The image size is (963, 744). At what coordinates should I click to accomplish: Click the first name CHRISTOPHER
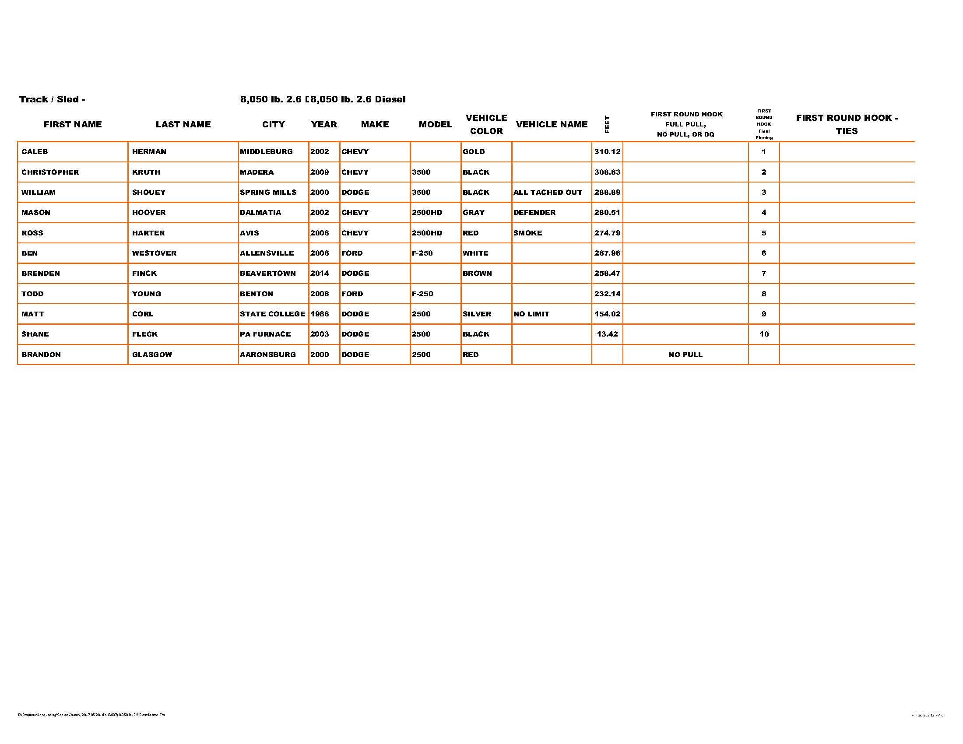point(50,172)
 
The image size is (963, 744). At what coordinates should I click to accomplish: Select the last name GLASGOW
point(152,354)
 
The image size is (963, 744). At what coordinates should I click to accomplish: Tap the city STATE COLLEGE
point(272,314)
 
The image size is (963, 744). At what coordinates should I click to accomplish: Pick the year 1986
point(319,314)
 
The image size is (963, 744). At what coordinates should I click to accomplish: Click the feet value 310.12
point(607,151)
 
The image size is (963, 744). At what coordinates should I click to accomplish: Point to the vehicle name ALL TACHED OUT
point(547,192)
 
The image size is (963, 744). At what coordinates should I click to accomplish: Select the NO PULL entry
point(685,354)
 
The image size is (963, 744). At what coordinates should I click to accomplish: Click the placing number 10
point(764,334)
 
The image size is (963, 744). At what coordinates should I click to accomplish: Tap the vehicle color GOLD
point(473,151)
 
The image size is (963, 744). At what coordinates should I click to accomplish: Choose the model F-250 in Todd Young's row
point(422,294)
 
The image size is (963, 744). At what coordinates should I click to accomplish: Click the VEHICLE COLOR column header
point(486,124)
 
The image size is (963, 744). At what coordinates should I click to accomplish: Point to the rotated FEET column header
point(607,124)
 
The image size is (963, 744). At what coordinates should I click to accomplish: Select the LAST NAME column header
point(183,124)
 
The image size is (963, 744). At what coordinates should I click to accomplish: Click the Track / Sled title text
point(52,99)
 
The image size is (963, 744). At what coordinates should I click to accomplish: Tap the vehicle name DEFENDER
point(534,212)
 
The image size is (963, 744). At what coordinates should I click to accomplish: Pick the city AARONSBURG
point(267,354)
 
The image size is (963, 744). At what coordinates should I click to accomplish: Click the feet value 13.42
point(607,334)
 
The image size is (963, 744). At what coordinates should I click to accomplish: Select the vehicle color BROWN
point(477,273)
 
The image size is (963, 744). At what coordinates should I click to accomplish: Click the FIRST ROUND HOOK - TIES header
point(846,124)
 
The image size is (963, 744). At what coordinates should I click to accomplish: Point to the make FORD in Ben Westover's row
point(351,253)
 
